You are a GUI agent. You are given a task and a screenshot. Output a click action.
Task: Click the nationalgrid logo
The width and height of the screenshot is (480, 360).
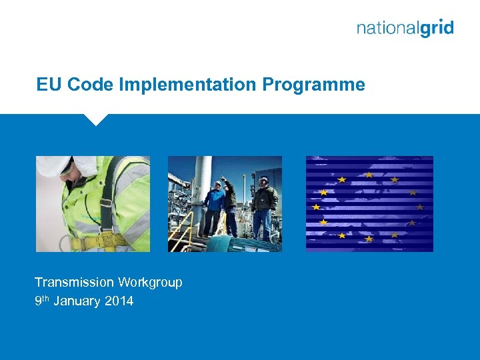(405, 28)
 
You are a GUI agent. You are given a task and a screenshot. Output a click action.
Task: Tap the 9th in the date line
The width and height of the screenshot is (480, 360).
(41, 301)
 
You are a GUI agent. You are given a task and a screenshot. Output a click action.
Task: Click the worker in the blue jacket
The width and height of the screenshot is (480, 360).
(215, 206)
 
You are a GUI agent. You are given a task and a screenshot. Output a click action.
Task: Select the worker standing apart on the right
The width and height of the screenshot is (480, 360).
(265, 207)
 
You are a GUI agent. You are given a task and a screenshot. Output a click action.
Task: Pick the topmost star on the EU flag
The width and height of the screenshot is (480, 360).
(369, 175)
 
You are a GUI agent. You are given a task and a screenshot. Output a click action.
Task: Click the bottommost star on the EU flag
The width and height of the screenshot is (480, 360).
(369, 239)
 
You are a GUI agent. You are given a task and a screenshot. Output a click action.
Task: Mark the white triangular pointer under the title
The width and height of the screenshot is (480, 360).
(97, 119)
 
